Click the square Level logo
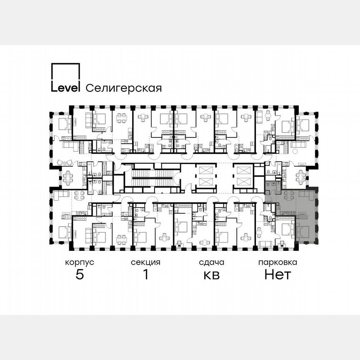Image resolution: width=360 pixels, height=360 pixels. [x=65, y=77]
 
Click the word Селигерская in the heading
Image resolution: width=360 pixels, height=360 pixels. [x=123, y=88]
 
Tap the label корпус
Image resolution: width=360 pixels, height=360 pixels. [x=79, y=262]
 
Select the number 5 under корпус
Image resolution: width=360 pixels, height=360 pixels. [x=79, y=275]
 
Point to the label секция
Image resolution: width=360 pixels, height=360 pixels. [x=145, y=262]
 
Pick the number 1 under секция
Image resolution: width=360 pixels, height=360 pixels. [x=145, y=275]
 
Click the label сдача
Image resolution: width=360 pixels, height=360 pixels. [x=211, y=262]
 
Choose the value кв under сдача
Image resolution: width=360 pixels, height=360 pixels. [x=211, y=275]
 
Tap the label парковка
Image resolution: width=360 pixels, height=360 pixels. [x=277, y=262]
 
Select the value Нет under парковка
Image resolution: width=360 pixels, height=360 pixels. [x=277, y=275]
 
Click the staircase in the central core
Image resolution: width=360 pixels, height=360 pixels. [x=152, y=177]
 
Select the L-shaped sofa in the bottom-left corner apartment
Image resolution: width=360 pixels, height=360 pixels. [x=61, y=195]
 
